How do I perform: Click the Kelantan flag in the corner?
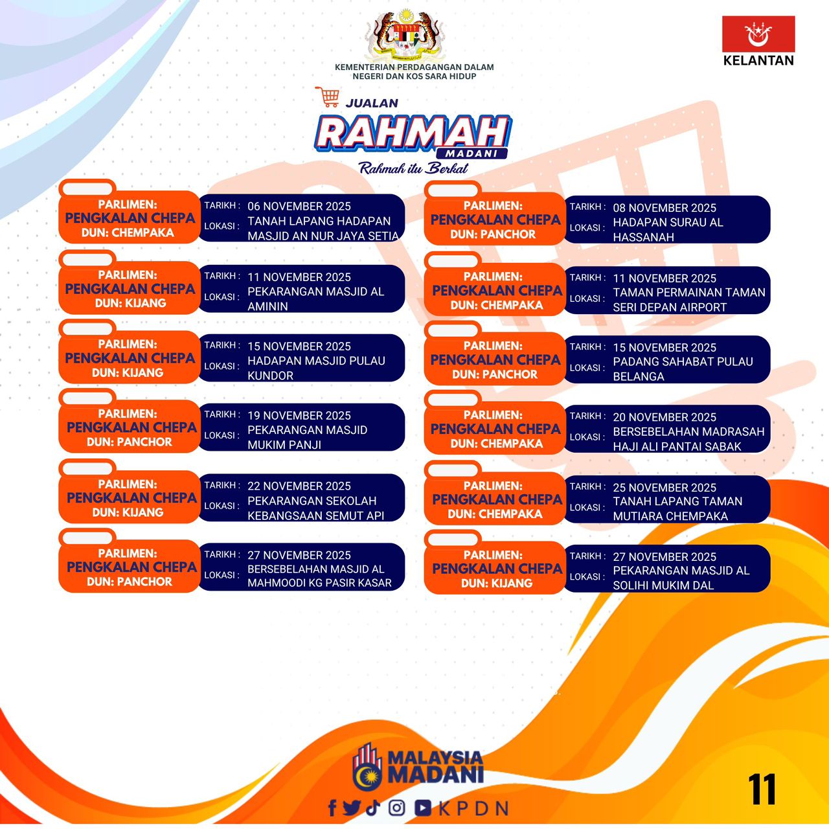(x=758, y=34)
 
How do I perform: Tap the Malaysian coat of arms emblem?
(x=403, y=34)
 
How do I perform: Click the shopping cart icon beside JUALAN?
(x=327, y=97)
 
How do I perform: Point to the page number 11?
(x=762, y=789)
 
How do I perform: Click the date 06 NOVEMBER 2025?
(x=299, y=206)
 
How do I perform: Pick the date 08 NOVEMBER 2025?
(x=664, y=208)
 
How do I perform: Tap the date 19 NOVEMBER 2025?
(x=299, y=416)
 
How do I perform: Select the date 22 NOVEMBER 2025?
(x=299, y=486)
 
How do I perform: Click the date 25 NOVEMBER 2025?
(x=664, y=488)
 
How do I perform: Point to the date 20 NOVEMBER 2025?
(x=664, y=417)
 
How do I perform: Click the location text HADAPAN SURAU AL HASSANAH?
(x=668, y=230)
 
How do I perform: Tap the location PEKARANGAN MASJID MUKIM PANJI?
(x=307, y=437)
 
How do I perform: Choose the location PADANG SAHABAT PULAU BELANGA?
(x=683, y=369)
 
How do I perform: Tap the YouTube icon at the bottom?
(x=423, y=808)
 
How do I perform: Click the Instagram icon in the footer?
(x=396, y=808)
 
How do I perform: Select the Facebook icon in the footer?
(x=332, y=808)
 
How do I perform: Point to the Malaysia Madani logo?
(x=418, y=771)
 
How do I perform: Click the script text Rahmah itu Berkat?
(x=413, y=168)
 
